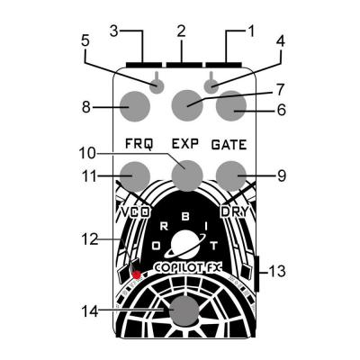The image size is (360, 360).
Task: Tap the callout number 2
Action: point(181,30)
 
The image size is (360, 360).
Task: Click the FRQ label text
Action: point(138,143)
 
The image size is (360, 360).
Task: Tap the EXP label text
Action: point(185,143)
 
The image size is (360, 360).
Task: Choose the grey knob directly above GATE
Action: point(231,105)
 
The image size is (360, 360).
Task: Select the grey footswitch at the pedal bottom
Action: point(185,311)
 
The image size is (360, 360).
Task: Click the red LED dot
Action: point(137,274)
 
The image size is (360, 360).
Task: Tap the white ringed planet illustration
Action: point(186,244)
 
